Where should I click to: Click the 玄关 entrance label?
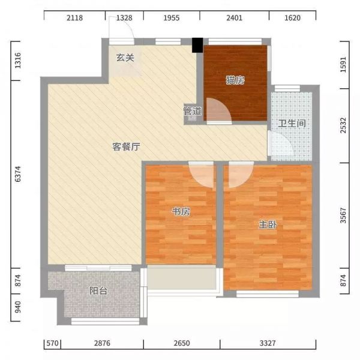pos(125,58)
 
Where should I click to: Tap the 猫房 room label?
pos(234,80)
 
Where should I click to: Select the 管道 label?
pos(192,112)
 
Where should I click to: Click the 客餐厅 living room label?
pos(126,148)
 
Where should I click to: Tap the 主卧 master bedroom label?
pos(268,224)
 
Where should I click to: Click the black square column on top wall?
pos(197,45)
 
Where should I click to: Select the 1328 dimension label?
pos(124,18)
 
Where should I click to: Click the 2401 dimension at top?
pos(234,18)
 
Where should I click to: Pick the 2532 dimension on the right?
pos(343,128)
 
